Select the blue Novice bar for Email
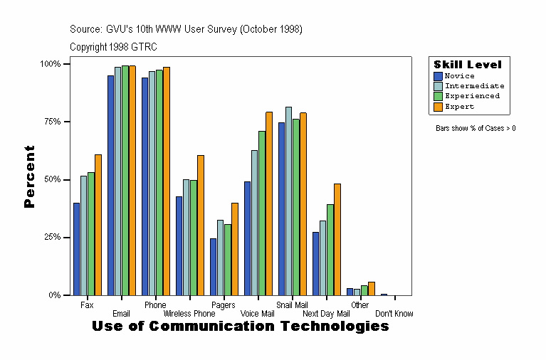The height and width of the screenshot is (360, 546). pyautogui.click(x=111, y=185)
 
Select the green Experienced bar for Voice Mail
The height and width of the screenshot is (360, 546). pyautogui.click(x=262, y=213)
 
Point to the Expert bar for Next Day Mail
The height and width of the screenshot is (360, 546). pyautogui.click(x=337, y=239)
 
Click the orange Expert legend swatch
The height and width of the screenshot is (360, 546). pyautogui.click(x=439, y=106)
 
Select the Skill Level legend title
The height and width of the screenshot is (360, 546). pyautogui.click(x=468, y=64)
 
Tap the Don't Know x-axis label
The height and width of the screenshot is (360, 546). pyautogui.click(x=394, y=313)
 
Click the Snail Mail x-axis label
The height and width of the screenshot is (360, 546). pyautogui.click(x=292, y=305)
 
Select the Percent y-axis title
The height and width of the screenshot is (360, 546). pyautogui.click(x=29, y=176)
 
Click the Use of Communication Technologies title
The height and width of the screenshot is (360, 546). pyautogui.click(x=241, y=326)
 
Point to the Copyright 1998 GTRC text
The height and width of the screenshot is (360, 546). pyautogui.click(x=113, y=47)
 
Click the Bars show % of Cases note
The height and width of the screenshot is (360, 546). pyautogui.click(x=476, y=128)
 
